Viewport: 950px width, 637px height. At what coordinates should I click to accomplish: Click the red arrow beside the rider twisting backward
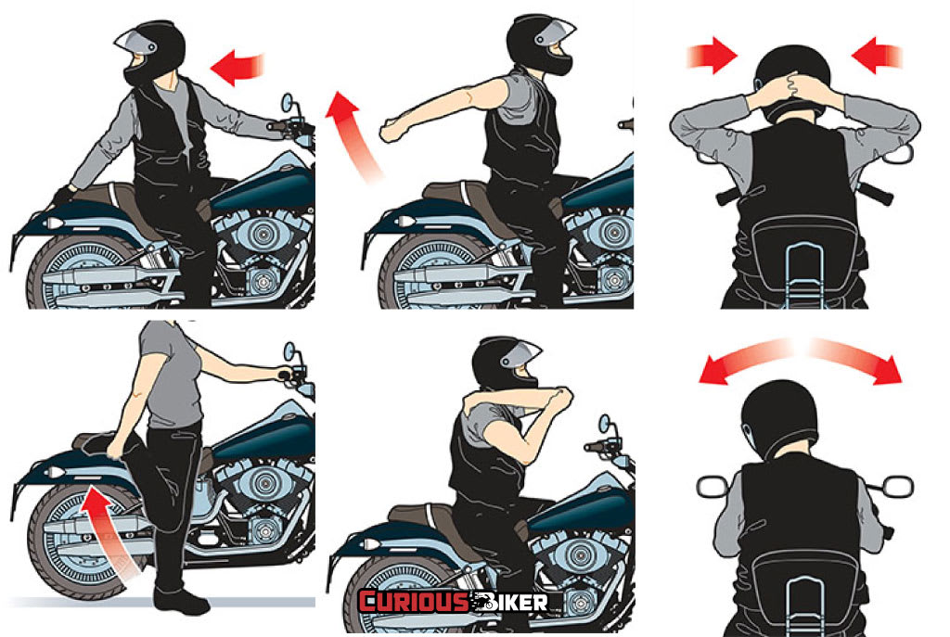237,66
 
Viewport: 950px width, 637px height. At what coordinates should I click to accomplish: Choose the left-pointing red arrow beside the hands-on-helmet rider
878,55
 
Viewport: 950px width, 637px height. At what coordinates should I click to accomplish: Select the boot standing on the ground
180,601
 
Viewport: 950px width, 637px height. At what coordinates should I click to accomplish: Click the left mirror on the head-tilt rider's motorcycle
713,487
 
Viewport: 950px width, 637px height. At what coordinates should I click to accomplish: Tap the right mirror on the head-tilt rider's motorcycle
896,486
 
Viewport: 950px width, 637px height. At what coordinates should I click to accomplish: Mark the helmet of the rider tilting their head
779,419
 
